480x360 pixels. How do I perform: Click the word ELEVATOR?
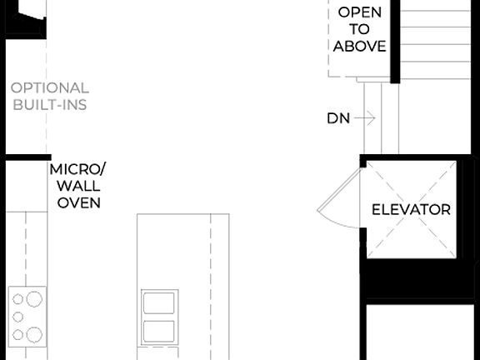(x=411, y=209)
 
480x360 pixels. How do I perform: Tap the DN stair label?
(x=337, y=119)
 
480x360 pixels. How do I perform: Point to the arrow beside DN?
(x=364, y=119)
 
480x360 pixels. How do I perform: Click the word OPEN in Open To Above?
(x=360, y=12)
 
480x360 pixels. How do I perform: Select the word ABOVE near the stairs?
(x=360, y=47)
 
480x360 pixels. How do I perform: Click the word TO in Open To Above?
(x=360, y=30)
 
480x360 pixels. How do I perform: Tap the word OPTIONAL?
(x=50, y=87)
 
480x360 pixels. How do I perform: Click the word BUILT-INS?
(x=50, y=105)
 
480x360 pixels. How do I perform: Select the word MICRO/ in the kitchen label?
(x=78, y=169)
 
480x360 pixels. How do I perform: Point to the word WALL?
(x=78, y=186)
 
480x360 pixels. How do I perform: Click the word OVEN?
(x=78, y=202)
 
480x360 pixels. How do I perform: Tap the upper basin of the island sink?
(x=159, y=302)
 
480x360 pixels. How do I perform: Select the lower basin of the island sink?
(x=159, y=330)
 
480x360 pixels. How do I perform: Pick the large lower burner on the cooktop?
(x=33, y=334)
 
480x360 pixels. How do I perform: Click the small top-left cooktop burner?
(x=16, y=297)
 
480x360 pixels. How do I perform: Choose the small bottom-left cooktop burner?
(x=16, y=335)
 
